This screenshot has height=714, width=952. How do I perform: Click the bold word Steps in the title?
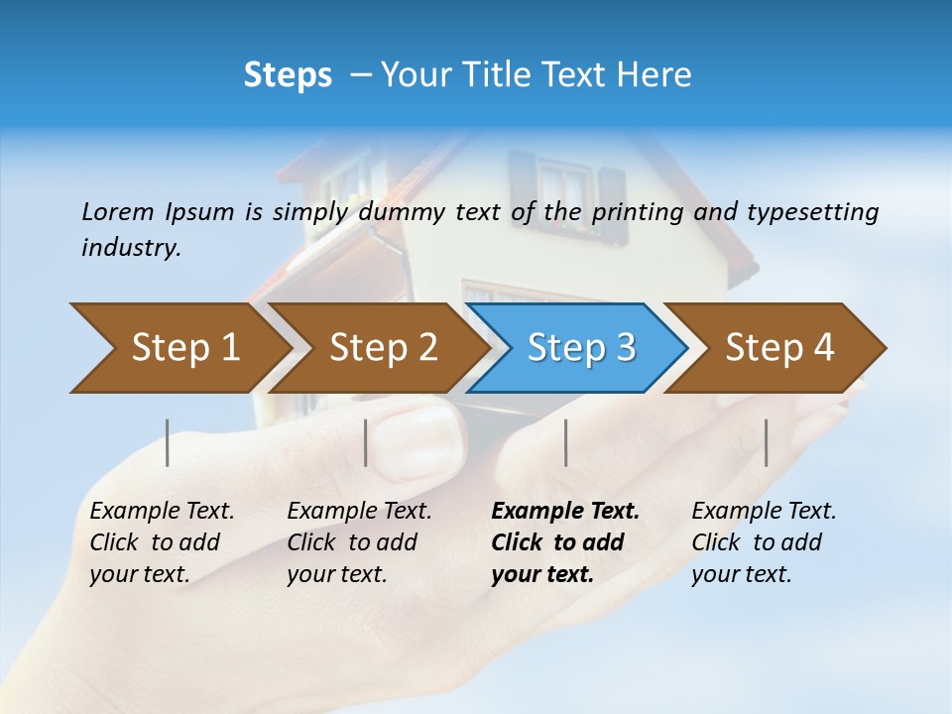tap(288, 75)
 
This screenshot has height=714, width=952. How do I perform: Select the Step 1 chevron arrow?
tap(178, 348)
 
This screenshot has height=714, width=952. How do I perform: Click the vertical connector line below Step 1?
tap(168, 442)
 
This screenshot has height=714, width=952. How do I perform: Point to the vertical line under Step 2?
tap(366, 442)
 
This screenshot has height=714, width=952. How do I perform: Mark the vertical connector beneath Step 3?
tap(566, 442)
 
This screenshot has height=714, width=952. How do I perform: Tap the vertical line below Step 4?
tap(767, 442)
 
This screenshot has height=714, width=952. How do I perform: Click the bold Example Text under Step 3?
tap(565, 542)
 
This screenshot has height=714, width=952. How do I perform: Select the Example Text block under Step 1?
tap(162, 542)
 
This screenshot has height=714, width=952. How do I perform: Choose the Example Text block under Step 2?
tap(359, 542)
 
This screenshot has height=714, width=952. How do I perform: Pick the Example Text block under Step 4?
tap(764, 542)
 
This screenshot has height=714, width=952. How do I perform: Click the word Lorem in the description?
tap(118, 212)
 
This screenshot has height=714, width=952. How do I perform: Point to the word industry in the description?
tap(131, 248)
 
